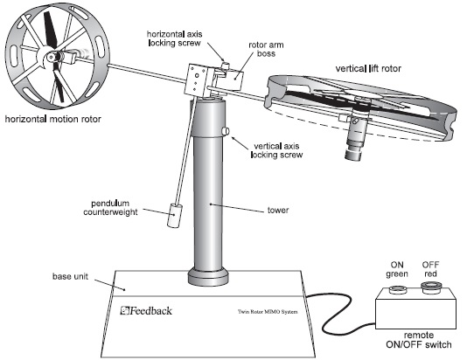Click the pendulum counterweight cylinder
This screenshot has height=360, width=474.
click(175, 216)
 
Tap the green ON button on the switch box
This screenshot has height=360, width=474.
click(398, 289)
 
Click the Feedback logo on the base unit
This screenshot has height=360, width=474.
click(146, 310)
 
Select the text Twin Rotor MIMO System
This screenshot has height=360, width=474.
click(268, 312)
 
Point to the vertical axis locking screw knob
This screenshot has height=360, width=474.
click(226, 131)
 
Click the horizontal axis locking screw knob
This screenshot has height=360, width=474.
click(226, 66)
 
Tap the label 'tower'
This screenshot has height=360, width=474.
click(278, 211)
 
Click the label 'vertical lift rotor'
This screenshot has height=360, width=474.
click(368, 68)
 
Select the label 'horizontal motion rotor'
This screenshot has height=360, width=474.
click(52, 119)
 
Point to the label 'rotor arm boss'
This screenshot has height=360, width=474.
click(266, 49)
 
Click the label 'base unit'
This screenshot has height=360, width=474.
click(70, 276)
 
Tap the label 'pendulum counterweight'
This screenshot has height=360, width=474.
click(110, 208)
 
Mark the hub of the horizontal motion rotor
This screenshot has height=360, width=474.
click(52, 57)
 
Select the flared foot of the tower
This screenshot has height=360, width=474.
click(209, 277)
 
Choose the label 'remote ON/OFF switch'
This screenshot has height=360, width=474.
click(419, 340)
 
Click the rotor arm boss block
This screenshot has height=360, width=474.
click(235, 80)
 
